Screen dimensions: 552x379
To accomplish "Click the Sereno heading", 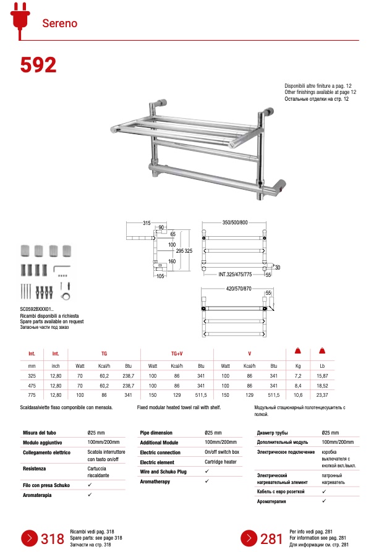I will (x=59, y=23).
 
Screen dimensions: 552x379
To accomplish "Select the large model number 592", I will (x=38, y=65).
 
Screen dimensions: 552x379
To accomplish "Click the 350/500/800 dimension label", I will (x=235, y=223).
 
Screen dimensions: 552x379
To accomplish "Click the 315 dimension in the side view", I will (x=147, y=223).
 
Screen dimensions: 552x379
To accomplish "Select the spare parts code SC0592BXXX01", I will (x=37, y=308).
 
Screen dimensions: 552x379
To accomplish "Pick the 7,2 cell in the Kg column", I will (x=297, y=375).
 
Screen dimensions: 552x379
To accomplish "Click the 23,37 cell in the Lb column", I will (x=322, y=395).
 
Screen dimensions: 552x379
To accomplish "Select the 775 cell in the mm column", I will (x=32, y=395).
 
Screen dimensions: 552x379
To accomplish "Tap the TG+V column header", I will (x=177, y=354).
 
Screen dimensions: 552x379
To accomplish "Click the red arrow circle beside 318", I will (x=30, y=537).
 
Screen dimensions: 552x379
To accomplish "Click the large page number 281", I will (x=271, y=538).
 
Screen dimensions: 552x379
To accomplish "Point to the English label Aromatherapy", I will (x=155, y=482).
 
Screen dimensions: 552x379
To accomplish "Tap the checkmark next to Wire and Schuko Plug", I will (x=207, y=472).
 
